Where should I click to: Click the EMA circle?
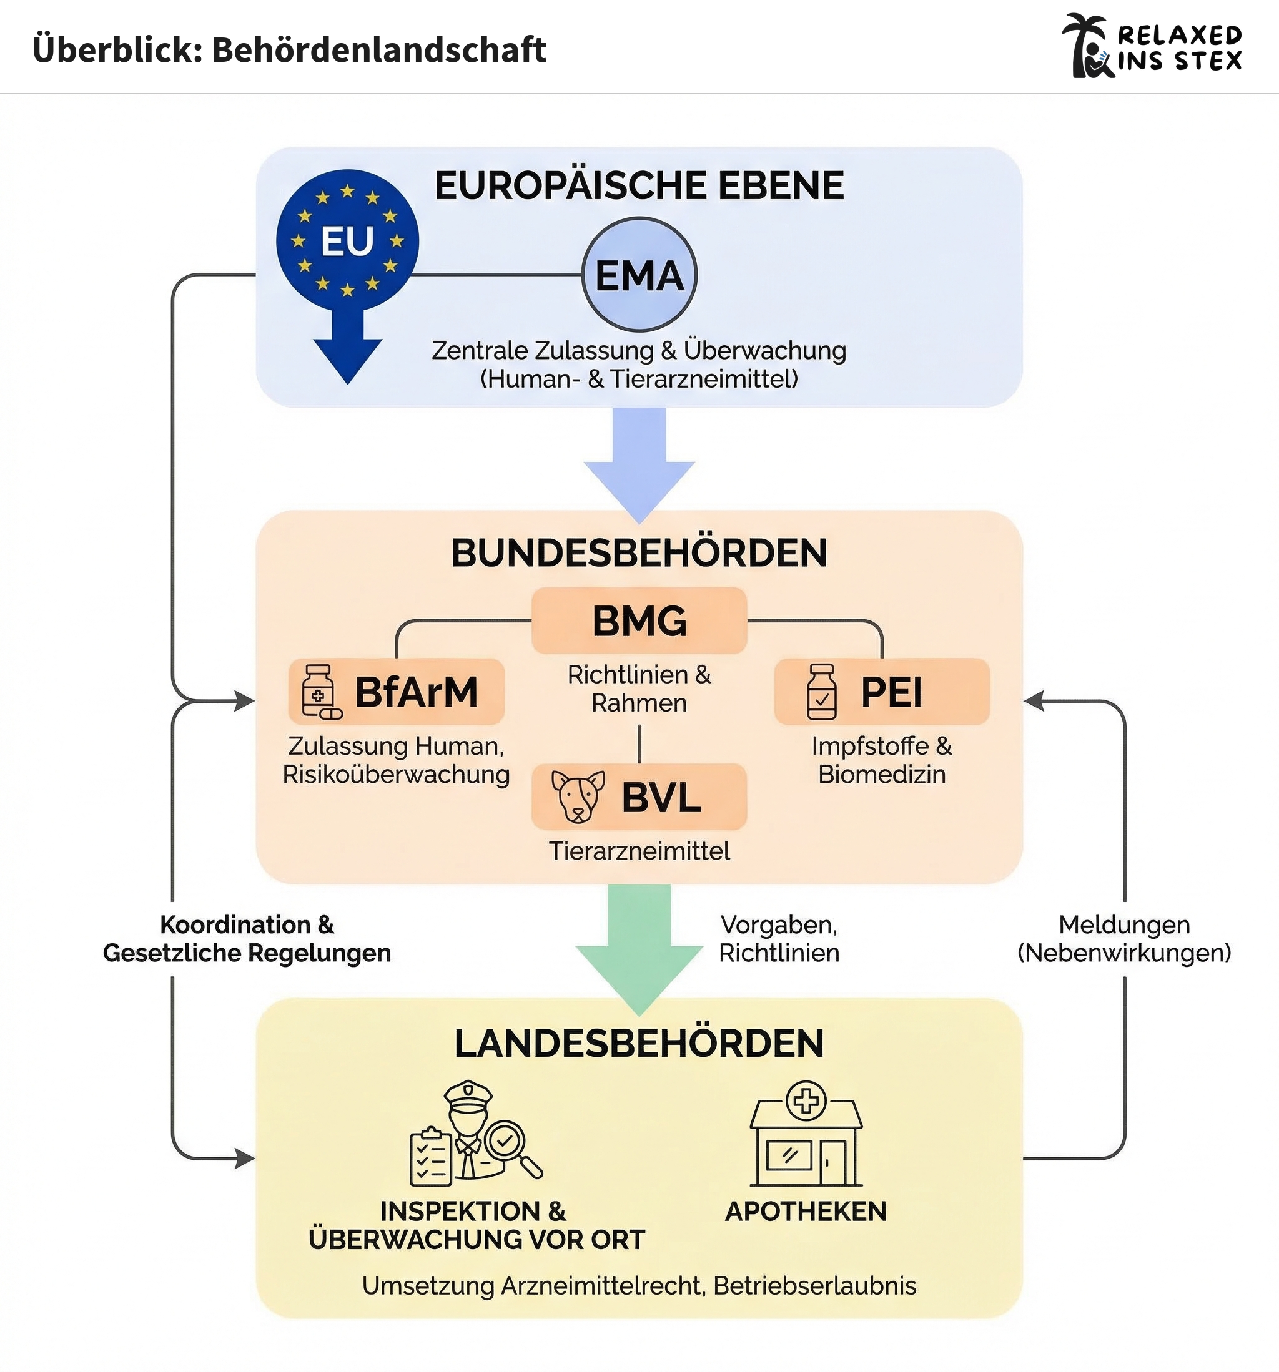tap(639, 275)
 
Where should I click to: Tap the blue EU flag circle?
tap(347, 240)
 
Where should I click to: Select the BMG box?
tap(639, 620)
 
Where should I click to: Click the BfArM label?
tap(416, 692)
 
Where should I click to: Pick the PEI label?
tap(891, 692)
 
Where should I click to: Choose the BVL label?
tap(661, 797)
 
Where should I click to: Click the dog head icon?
tap(577, 796)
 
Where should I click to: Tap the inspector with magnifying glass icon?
tap(476, 1133)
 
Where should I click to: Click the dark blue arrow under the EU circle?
tap(347, 348)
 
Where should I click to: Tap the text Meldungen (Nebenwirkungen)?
tap(1124, 939)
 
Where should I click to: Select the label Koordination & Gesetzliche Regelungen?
tap(247, 939)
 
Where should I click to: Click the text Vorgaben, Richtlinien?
tap(779, 939)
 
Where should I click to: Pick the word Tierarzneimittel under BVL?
tap(639, 851)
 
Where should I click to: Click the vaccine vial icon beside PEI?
tap(821, 692)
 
